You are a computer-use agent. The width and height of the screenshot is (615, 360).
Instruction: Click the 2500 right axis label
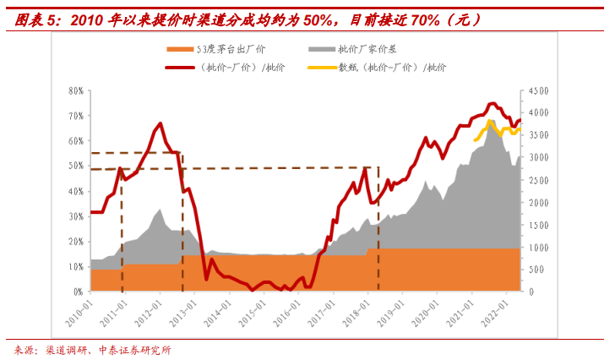pos(539,180)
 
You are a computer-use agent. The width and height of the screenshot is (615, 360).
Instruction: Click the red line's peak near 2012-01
pos(161,123)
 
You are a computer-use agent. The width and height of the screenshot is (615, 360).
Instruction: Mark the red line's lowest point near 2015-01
pos(253,290)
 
